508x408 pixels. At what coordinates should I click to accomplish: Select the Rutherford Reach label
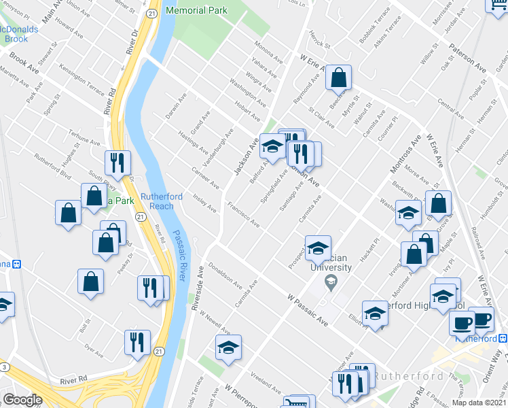click(x=162, y=201)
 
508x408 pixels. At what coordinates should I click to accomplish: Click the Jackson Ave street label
click(x=247, y=155)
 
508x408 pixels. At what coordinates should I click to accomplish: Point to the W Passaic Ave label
click(x=308, y=310)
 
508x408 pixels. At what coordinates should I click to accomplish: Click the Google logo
click(x=22, y=400)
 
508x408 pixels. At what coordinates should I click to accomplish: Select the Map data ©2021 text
click(x=478, y=402)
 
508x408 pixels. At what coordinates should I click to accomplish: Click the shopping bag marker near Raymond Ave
click(x=338, y=79)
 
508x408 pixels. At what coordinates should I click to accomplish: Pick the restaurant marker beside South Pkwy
click(x=117, y=163)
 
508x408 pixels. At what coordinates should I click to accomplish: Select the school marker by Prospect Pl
click(x=318, y=249)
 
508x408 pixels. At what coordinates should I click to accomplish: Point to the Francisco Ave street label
click(x=243, y=214)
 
